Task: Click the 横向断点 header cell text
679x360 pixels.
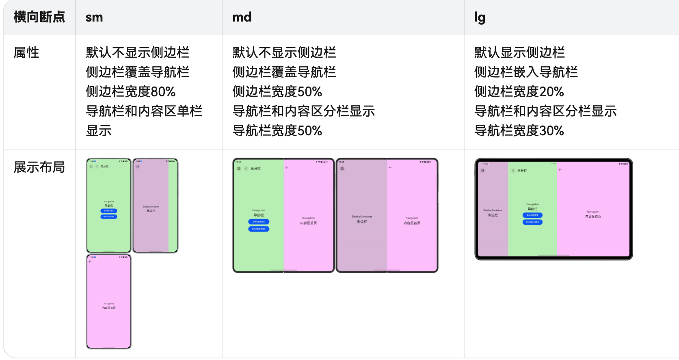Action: coord(39,17)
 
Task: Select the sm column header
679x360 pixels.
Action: coord(94,17)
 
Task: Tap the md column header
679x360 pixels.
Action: coord(242,17)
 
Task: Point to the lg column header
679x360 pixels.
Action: coord(480,17)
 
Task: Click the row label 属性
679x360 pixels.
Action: coord(26,52)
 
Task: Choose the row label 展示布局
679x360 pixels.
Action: coord(39,167)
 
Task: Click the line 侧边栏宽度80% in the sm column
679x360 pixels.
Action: coord(130,91)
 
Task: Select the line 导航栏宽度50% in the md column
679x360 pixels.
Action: coord(277,130)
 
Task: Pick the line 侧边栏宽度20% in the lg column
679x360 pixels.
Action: coord(519,91)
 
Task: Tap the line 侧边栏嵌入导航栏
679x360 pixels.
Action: coord(525,72)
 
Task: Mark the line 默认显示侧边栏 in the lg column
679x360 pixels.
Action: coord(519,52)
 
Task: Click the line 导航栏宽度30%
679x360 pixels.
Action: coord(519,130)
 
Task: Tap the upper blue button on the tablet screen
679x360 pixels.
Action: coord(532,215)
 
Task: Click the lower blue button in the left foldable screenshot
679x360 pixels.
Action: coord(259,229)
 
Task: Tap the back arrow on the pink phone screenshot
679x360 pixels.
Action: coord(90,262)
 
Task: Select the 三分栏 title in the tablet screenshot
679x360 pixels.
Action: coord(522,171)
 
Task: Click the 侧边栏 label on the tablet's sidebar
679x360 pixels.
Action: coord(493,215)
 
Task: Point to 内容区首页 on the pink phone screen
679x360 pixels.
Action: coord(109,308)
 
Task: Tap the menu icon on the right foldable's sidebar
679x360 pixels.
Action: coord(342,168)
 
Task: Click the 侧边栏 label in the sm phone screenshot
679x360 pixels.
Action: coord(151,210)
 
